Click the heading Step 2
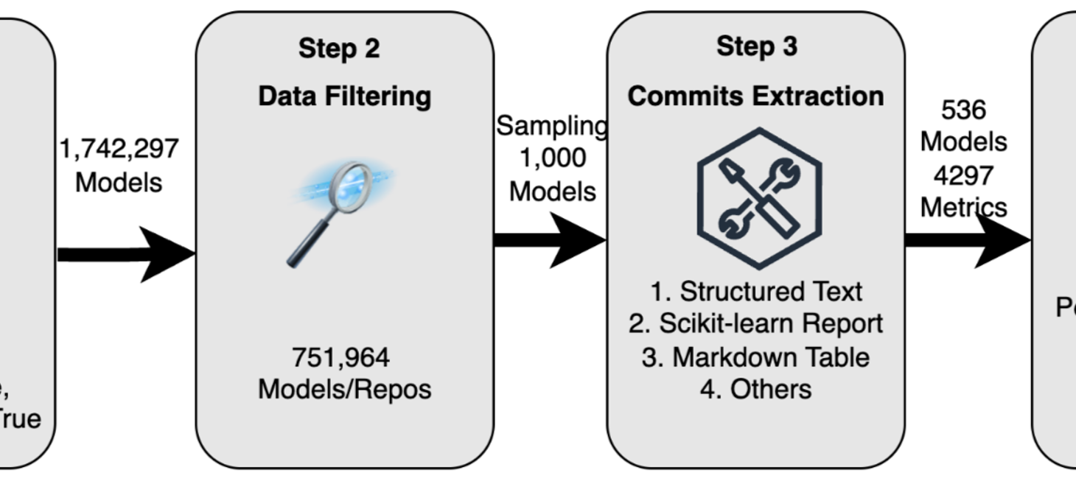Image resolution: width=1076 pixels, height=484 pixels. [x=339, y=49]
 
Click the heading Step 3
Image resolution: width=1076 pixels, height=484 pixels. [x=756, y=46]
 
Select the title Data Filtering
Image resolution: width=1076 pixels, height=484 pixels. [x=344, y=97]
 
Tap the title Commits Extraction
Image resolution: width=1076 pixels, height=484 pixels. [x=755, y=97]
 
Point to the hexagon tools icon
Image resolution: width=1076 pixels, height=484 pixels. [x=758, y=198]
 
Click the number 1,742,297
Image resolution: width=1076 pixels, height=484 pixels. [x=119, y=148]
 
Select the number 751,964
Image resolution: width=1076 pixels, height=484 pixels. [x=340, y=357]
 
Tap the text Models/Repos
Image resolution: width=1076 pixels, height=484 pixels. [x=344, y=389]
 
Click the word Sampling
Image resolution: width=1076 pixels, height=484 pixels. [x=551, y=126]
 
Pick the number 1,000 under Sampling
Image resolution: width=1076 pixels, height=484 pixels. [x=553, y=158]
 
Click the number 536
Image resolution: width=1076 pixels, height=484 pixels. [x=963, y=110]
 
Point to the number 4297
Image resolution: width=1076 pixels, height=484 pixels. [x=963, y=175]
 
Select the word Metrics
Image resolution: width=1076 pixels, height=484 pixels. [x=963, y=208]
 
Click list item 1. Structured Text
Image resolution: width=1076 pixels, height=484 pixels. [x=755, y=292]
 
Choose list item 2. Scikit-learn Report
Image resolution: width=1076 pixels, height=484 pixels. [x=755, y=323]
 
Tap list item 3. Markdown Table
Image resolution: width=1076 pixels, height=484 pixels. [x=755, y=357]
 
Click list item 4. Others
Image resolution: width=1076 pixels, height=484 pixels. [x=755, y=388]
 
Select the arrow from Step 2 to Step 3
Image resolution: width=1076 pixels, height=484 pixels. [x=550, y=240]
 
